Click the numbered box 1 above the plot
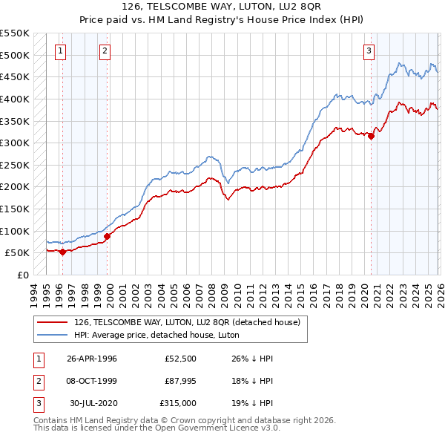click(60, 51)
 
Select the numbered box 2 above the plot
click(105, 51)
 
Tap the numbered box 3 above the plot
click(369, 51)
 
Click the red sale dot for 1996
click(63, 252)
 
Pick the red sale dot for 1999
click(107, 236)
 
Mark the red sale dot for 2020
click(371, 136)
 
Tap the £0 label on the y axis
click(22, 275)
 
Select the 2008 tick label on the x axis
click(212, 292)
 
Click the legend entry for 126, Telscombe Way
click(187, 322)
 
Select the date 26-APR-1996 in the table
click(92, 359)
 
